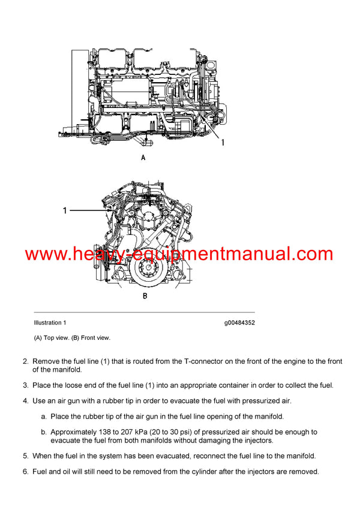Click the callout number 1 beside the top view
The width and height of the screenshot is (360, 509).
pos(223,142)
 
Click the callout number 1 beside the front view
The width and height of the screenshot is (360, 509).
pos(65,210)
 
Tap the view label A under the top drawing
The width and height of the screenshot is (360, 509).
pos(143,158)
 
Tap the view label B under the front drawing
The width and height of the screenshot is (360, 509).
pos(145,296)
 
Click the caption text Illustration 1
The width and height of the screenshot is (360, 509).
pos(50,323)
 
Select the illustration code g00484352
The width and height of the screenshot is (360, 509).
pos(239,323)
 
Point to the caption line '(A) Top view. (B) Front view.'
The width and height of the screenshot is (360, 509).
pos(72,338)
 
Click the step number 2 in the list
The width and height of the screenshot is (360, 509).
pos(25,362)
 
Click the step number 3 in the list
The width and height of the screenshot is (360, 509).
pos(25,385)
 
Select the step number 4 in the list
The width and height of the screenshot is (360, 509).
pos(25,400)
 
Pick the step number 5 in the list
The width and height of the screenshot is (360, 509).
pos(25,456)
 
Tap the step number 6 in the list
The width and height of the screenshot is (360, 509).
pos(25,471)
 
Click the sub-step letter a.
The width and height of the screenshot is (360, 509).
pos(43,416)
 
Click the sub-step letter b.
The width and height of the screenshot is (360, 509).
pos(43,432)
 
